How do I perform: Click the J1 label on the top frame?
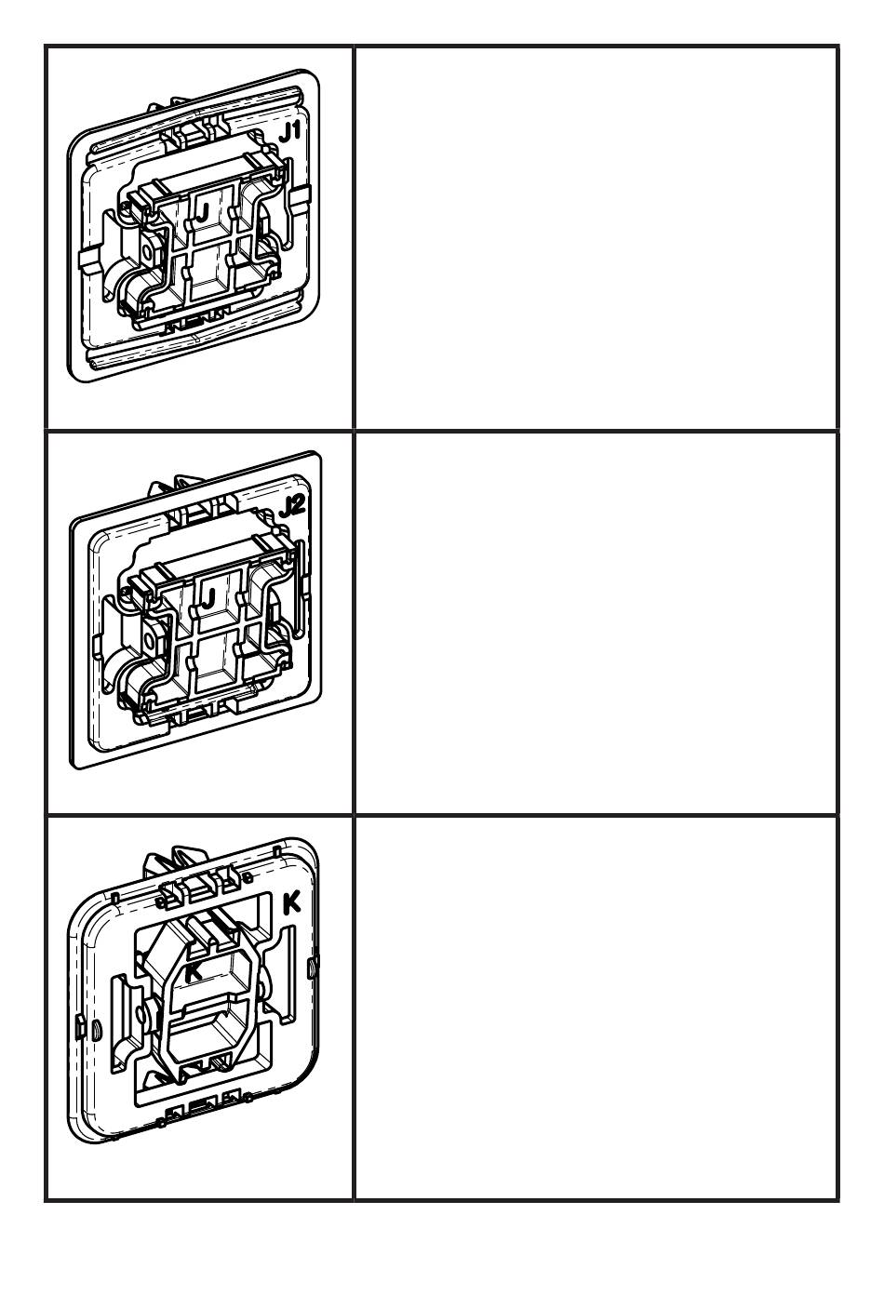[291, 133]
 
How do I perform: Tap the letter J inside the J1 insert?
[202, 210]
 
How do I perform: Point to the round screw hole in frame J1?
[149, 250]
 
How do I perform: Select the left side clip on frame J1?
[87, 260]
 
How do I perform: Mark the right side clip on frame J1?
[299, 201]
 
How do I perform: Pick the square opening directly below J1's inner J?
[208, 274]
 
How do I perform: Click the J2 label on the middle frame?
[291, 507]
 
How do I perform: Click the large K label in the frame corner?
[291, 903]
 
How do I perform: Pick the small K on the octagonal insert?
[194, 971]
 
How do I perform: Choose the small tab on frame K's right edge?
[313, 959]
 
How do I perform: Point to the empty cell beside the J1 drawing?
[596, 237]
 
